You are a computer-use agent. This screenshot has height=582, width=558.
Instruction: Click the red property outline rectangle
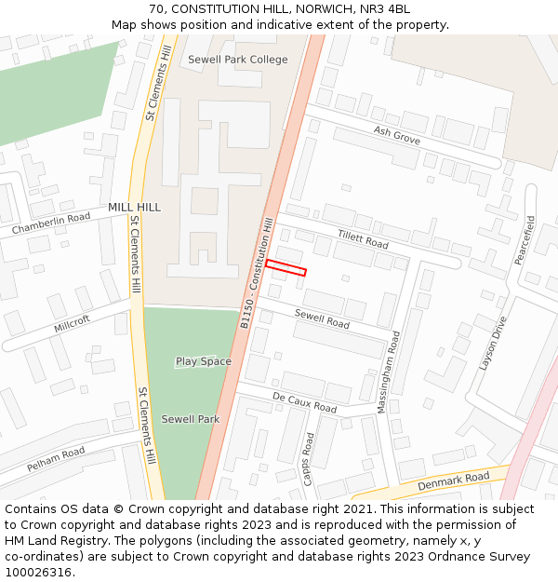[x=286, y=267]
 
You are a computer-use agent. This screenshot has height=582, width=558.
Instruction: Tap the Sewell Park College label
[x=238, y=60]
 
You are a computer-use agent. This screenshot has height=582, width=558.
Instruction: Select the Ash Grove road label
[x=397, y=136]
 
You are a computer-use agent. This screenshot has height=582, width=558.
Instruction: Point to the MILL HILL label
[x=134, y=207]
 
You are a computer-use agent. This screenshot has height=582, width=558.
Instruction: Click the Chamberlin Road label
[x=51, y=223]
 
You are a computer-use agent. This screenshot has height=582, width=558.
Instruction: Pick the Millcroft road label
[x=73, y=324]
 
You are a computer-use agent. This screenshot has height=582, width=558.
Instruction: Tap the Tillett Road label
[x=363, y=240]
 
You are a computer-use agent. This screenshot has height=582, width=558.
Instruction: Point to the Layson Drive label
[x=494, y=344]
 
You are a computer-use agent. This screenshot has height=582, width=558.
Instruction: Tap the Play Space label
[x=204, y=361]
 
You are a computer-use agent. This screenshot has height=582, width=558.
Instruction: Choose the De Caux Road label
[x=305, y=402]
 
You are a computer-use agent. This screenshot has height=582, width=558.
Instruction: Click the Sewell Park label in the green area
[x=191, y=419]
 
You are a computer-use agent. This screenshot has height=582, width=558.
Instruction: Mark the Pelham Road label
[x=56, y=458]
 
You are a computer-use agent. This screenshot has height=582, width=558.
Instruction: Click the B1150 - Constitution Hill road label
[x=258, y=272]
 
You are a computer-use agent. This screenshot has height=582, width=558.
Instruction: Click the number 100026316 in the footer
[x=38, y=572]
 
